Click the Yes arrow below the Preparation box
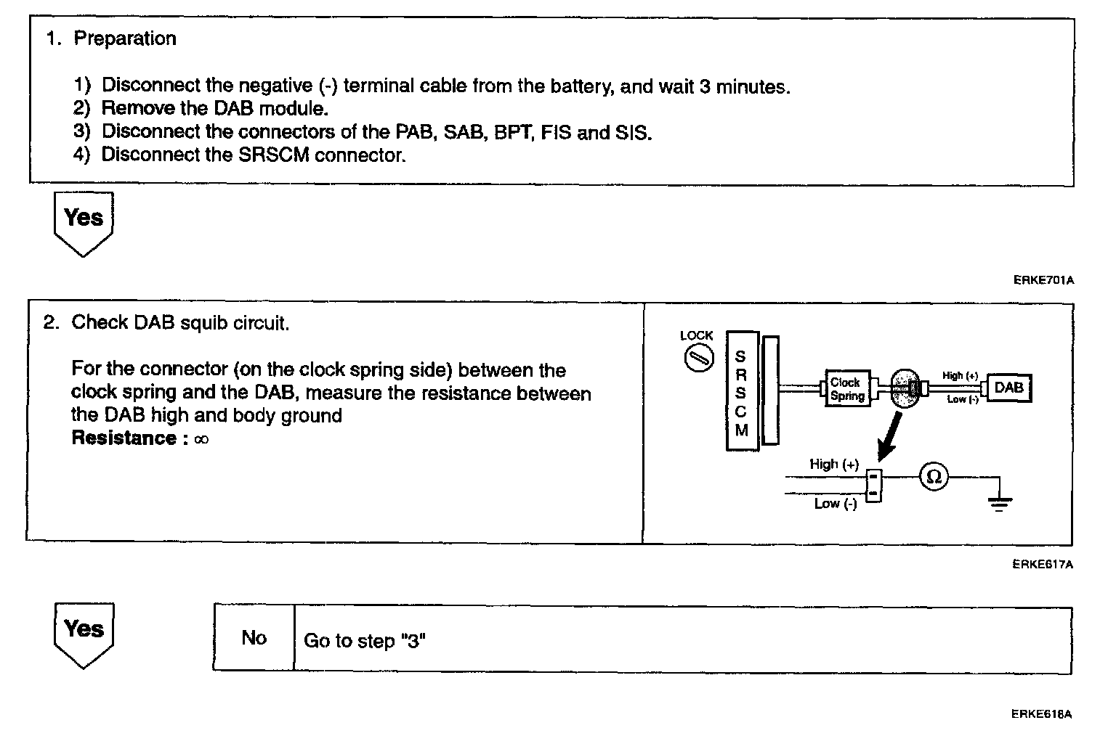click(84, 221)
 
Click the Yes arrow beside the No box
click(84, 632)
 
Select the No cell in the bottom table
click(254, 638)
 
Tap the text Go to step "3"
click(364, 641)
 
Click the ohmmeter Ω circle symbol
click(934, 477)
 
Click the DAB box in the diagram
click(1008, 388)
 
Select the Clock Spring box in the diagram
click(847, 389)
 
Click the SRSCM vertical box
click(741, 391)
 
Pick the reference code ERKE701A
click(1043, 280)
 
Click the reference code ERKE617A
click(1043, 564)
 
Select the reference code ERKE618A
click(1042, 714)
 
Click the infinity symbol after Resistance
click(202, 439)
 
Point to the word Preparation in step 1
click(125, 38)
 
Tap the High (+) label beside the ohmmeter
click(834, 464)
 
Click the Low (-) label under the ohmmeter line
click(836, 504)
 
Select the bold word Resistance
click(124, 438)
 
